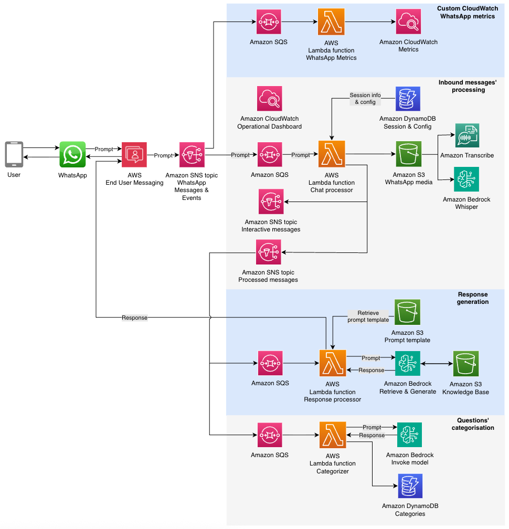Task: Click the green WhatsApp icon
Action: [72, 154]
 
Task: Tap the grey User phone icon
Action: [14, 154]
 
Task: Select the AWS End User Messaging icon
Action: [134, 154]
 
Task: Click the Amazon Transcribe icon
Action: [467, 136]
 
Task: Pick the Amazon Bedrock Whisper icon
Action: [467, 180]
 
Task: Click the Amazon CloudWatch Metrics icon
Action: [409, 22]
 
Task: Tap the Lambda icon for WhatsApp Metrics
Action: [331, 22]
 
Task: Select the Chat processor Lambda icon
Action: [332, 154]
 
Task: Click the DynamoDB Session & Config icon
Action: [408, 99]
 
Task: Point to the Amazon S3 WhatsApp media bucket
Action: [409, 154]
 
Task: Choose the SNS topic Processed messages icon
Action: [269, 252]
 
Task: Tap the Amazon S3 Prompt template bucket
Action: [407, 312]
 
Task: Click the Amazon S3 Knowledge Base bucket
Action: [466, 364]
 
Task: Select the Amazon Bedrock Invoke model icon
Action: [410, 435]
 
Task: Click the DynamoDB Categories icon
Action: [410, 486]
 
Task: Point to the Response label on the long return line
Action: [134, 318]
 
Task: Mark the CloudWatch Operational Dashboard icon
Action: [270, 99]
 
